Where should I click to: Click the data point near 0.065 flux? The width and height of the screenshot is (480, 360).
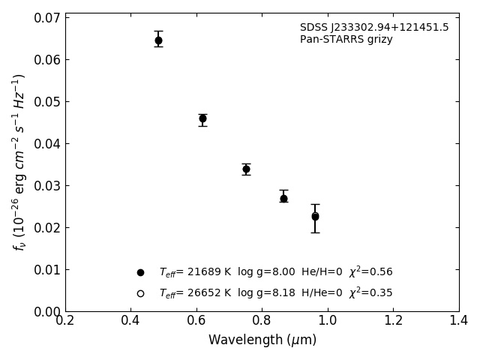pyautogui.click(x=158, y=40)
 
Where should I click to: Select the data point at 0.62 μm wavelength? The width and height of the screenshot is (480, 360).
pyautogui.click(x=202, y=118)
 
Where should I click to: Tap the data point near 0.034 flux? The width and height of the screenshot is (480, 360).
pyautogui.click(x=246, y=169)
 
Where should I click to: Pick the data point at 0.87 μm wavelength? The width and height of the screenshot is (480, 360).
pyautogui.click(x=283, y=199)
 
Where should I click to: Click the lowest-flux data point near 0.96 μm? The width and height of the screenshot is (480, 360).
pyautogui.click(x=315, y=216)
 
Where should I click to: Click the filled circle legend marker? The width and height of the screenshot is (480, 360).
pyautogui.click(x=140, y=272)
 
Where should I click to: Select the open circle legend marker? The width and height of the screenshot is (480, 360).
pyautogui.click(x=140, y=293)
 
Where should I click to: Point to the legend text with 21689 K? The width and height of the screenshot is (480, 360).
pyautogui.click(x=275, y=272)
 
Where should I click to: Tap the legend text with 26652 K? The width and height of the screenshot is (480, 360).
pyautogui.click(x=275, y=293)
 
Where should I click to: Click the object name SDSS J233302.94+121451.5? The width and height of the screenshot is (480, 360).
pyautogui.click(x=374, y=28)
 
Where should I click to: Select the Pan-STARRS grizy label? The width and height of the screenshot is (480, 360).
pyautogui.click(x=346, y=40)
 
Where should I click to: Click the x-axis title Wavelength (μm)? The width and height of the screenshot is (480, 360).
pyautogui.click(x=262, y=340)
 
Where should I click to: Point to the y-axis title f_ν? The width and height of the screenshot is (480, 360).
pyautogui.click(x=19, y=162)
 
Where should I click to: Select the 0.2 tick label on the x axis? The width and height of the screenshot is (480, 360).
pyautogui.click(x=65, y=321)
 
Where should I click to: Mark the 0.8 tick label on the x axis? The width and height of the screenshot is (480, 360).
pyautogui.click(x=262, y=321)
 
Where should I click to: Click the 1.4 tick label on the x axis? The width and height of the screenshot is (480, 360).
pyautogui.click(x=459, y=321)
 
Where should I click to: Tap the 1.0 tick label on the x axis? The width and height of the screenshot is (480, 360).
pyautogui.click(x=328, y=321)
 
